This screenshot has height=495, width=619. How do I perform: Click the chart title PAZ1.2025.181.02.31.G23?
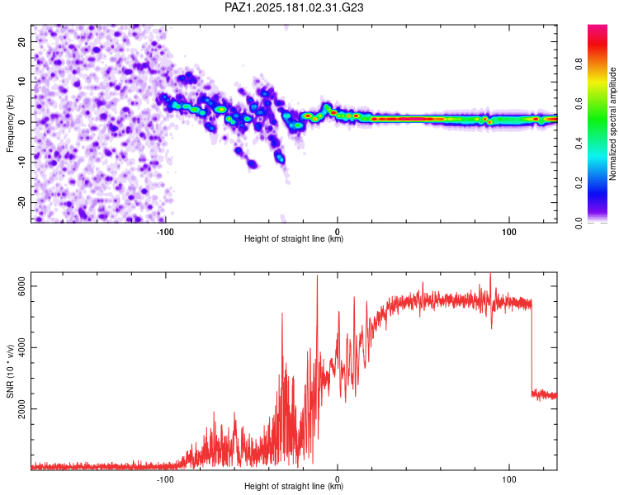point(294,7)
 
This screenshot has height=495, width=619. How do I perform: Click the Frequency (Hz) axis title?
point(10,124)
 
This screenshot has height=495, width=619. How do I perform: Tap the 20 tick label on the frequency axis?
point(21,41)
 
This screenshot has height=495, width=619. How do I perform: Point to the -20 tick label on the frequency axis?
point(21,202)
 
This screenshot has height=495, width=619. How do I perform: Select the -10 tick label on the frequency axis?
point(21,162)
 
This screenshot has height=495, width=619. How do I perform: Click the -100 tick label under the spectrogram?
point(165,232)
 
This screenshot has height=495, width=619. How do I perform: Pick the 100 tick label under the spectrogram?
point(509,232)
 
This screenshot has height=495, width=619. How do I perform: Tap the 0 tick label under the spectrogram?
point(337,232)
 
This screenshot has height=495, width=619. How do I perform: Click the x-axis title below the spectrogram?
point(294,238)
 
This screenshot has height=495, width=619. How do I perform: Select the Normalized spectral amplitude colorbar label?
point(612,124)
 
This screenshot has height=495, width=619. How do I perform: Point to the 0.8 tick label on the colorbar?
point(579,64)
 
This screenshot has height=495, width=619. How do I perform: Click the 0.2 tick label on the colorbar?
point(579,183)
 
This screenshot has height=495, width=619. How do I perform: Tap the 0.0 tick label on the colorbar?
point(579,223)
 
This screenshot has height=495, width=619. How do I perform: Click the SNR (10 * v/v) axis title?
point(10,371)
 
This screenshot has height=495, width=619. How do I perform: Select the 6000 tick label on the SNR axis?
point(21,286)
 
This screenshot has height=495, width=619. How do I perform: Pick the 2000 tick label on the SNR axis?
point(21,408)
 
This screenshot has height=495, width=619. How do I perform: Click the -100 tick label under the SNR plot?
point(165,479)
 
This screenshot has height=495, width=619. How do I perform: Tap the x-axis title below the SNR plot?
point(294,486)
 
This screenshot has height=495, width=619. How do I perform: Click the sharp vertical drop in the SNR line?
point(532,346)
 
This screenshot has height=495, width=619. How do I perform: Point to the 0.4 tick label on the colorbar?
point(579,143)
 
